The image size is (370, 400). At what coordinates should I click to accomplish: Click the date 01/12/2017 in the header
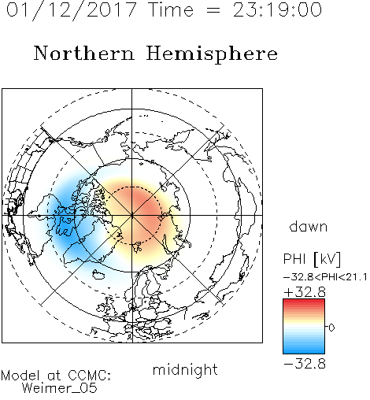[71, 9]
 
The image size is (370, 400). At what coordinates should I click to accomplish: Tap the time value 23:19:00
[277, 9]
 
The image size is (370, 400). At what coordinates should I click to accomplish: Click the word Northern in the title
[84, 53]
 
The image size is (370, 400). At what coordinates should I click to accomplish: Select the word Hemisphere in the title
[212, 54]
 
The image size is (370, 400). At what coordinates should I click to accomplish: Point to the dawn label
[309, 226]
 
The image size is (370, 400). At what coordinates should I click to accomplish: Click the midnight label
[185, 369]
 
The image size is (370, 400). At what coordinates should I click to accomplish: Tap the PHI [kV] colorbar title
[312, 259]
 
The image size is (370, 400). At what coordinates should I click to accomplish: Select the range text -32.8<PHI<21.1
[325, 277]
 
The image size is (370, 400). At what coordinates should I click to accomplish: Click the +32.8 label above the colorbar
[305, 292]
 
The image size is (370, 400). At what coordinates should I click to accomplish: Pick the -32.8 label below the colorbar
[305, 364]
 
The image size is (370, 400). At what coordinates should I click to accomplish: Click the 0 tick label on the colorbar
[331, 328]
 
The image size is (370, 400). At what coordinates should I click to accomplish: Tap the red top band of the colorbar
[304, 302]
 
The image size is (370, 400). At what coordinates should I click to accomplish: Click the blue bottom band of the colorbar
[304, 350]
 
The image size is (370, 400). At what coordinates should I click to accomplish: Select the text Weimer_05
[60, 388]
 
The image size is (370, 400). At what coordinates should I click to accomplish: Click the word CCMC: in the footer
[89, 376]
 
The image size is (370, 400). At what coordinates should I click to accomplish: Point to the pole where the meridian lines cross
[132, 215]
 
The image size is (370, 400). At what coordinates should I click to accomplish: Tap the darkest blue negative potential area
[65, 226]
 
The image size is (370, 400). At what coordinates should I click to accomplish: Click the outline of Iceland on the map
[98, 275]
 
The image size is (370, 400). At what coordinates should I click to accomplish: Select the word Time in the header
[171, 9]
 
